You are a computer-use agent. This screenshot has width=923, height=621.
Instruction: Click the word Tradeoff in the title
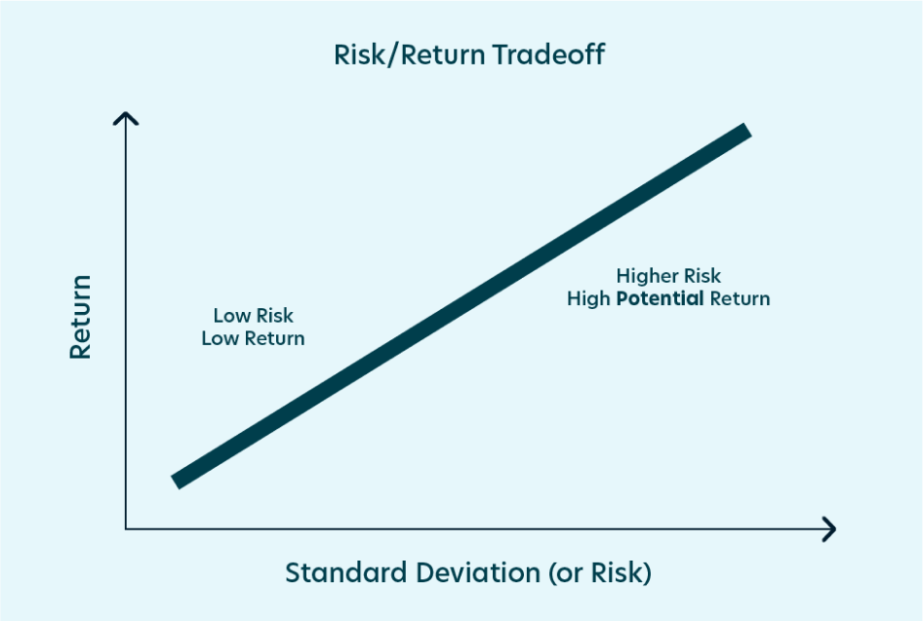point(548,55)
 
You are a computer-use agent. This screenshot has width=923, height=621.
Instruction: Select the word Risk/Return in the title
point(410,55)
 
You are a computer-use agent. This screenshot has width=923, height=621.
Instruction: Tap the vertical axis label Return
point(81,317)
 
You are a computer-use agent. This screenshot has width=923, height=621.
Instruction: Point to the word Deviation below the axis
point(478,572)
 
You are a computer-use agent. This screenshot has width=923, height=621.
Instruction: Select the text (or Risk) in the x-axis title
point(600,573)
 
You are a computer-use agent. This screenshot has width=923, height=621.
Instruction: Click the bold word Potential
point(660,298)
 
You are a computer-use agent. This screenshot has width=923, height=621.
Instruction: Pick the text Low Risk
point(253,316)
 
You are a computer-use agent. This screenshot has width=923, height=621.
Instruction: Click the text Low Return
point(253,338)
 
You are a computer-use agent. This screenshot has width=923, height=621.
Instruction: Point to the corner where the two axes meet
point(126,529)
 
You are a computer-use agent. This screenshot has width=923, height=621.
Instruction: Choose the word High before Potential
point(588,298)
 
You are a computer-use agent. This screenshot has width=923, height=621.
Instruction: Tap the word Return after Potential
point(740,298)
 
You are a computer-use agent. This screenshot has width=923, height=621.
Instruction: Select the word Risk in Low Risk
point(274,316)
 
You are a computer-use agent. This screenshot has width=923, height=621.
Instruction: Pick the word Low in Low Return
point(220,338)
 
